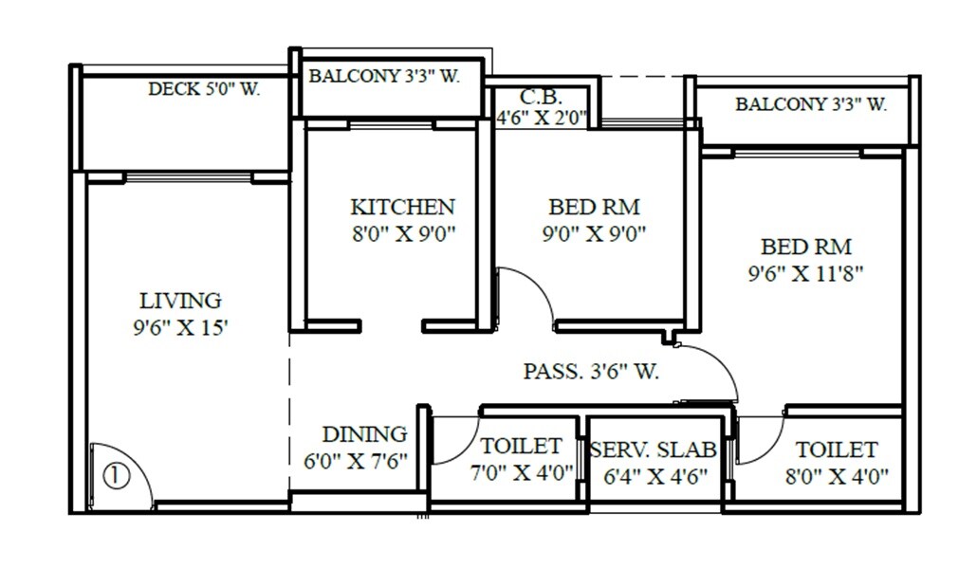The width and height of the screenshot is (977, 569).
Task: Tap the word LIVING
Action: [180, 301]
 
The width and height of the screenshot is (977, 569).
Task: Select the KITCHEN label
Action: [402, 207]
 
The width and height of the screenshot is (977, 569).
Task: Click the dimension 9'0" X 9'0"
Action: [594, 233]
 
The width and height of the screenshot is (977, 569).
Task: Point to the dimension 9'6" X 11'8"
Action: [805, 274]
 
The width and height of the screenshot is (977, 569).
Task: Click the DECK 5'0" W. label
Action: [204, 90]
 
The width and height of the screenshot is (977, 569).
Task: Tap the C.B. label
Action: [542, 97]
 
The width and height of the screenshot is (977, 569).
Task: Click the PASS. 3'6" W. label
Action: [591, 372]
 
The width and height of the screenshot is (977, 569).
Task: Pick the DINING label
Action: [364, 434]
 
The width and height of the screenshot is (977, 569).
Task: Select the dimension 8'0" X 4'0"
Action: [837, 475]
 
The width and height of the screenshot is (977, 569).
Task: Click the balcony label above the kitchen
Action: [384, 77]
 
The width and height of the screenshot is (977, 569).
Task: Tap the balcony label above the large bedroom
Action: [811, 104]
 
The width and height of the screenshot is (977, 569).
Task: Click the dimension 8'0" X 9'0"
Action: [403, 233]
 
